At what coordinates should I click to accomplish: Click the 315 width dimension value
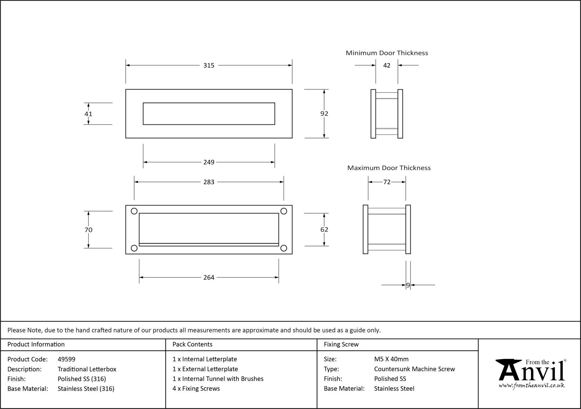tap(209, 65)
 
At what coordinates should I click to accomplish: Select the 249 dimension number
tap(209, 162)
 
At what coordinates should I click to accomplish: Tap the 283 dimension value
tap(209, 182)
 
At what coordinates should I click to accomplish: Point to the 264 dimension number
tap(209, 278)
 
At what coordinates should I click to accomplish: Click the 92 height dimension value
tap(324, 114)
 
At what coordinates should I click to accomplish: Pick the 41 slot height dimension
tap(88, 114)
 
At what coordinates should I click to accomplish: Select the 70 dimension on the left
tap(88, 230)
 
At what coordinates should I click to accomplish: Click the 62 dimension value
tap(324, 230)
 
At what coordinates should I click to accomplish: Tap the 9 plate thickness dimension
tap(408, 285)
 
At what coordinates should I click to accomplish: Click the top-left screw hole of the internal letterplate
tap(134, 211)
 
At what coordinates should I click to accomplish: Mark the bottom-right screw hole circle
tap(284, 248)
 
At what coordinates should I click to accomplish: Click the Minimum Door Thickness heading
tap(387, 53)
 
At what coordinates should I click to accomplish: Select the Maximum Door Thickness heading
tap(389, 168)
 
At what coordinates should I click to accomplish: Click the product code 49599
tap(67, 359)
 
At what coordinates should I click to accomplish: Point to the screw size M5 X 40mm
tap(391, 359)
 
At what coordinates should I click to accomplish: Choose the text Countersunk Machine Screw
tap(415, 369)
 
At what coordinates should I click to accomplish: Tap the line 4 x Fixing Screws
tap(196, 388)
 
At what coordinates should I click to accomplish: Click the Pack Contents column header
tap(192, 344)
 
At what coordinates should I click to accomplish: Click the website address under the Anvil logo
tap(531, 386)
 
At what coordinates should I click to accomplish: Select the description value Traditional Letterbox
tap(87, 369)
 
